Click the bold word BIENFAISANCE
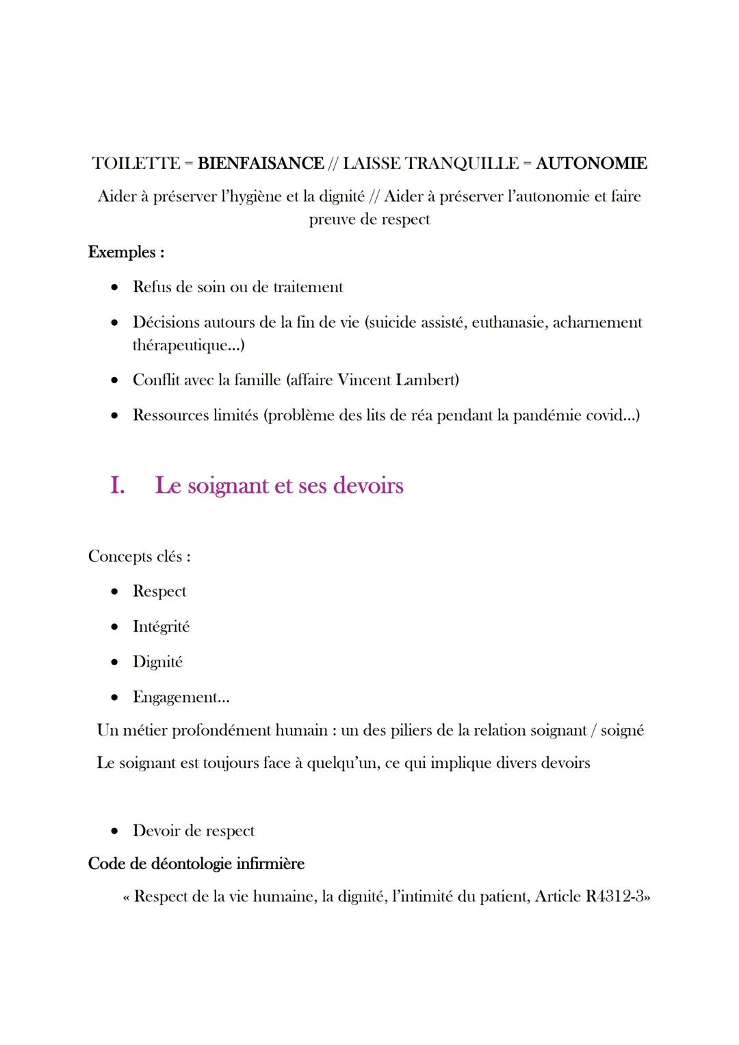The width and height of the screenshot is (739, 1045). click(260, 164)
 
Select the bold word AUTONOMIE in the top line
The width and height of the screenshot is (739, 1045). click(591, 164)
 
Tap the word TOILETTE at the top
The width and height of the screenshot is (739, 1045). click(136, 164)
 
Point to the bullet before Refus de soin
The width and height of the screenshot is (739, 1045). click(116, 287)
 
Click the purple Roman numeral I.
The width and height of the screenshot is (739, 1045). click(117, 486)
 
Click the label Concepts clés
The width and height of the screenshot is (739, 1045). click(139, 556)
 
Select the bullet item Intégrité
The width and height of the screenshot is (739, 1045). click(161, 627)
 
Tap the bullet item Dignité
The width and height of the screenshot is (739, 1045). click(157, 662)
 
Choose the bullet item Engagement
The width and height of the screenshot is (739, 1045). click(181, 697)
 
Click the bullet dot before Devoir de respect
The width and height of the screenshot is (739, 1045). click(116, 831)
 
